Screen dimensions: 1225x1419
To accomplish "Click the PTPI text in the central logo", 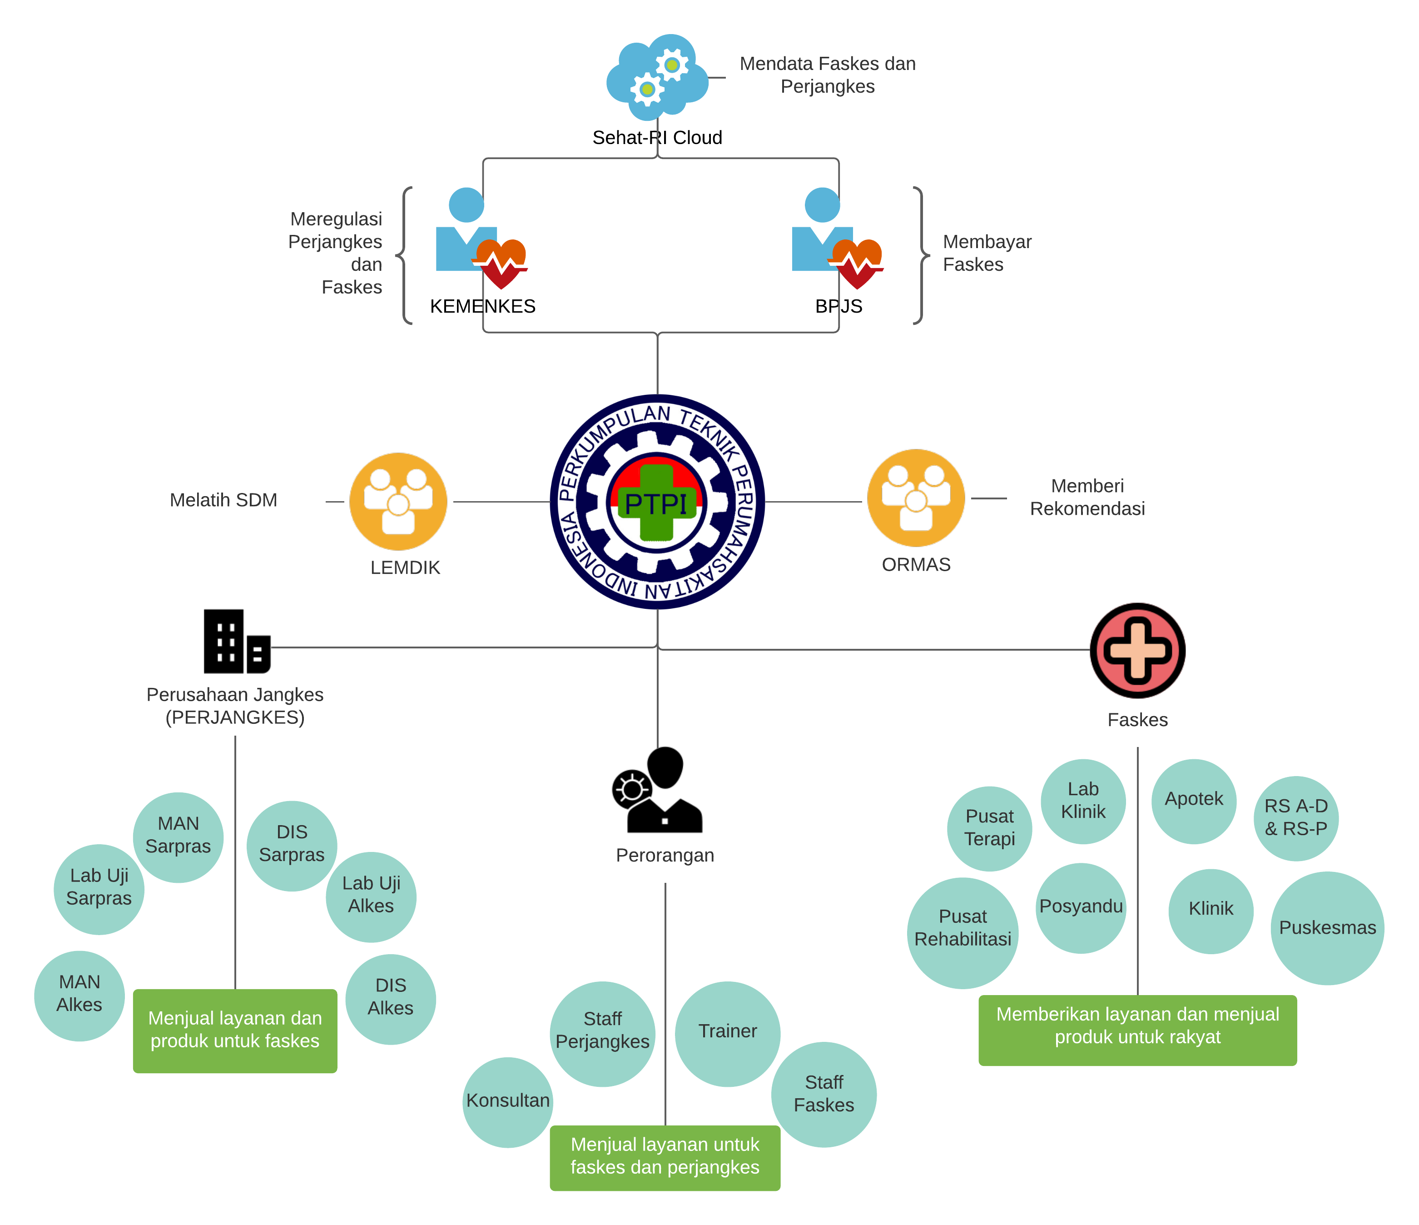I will click(656, 503).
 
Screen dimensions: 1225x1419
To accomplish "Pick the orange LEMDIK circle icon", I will click(398, 502).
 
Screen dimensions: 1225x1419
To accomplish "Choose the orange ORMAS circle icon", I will click(916, 498).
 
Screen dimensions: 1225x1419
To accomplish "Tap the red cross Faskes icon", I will click(1137, 650).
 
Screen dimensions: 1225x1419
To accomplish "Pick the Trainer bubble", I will click(727, 1033).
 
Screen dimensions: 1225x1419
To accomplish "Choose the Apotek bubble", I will click(1194, 800).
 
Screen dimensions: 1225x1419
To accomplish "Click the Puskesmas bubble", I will click(1326, 928).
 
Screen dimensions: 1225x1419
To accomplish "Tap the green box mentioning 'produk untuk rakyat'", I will click(1137, 1029).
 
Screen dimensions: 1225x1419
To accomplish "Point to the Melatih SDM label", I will click(223, 500).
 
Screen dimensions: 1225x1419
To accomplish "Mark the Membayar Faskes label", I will click(986, 253).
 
